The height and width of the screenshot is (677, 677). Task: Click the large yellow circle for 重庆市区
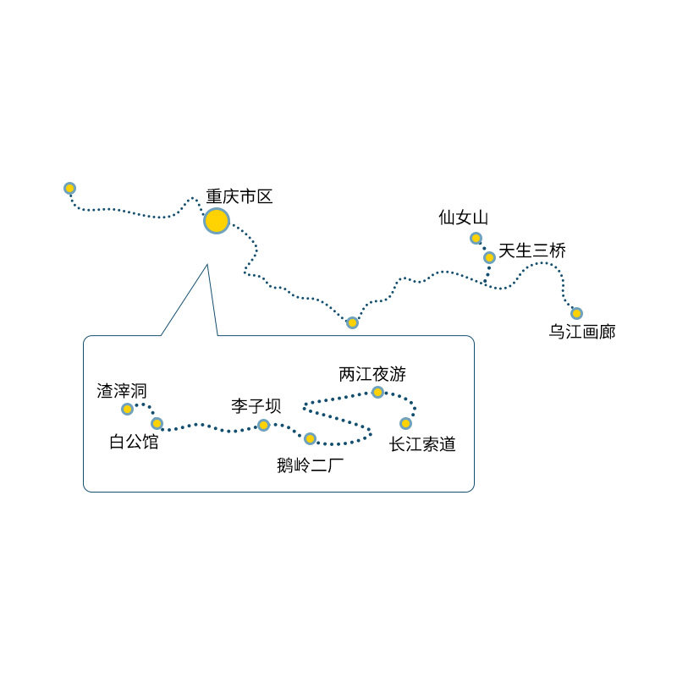click(x=217, y=221)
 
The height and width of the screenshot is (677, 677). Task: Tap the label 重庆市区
click(x=240, y=196)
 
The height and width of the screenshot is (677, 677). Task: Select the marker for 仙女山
click(x=476, y=238)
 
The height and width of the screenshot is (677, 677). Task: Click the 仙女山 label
click(x=464, y=217)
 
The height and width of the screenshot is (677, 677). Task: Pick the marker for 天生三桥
click(x=489, y=257)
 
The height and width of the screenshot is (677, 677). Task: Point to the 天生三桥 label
click(x=532, y=250)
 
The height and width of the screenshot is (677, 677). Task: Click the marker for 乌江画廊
click(x=576, y=313)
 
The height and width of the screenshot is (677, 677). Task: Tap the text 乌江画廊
click(x=582, y=332)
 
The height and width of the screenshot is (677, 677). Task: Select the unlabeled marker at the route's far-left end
click(x=70, y=188)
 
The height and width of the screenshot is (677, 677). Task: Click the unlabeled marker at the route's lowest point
click(x=352, y=322)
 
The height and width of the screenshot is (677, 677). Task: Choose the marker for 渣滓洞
click(x=127, y=409)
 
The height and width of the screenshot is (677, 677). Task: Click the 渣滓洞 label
click(x=123, y=390)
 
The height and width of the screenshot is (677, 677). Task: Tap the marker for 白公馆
click(x=157, y=423)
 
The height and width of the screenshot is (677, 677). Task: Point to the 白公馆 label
click(x=135, y=442)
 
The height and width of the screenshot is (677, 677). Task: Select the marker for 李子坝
click(x=263, y=425)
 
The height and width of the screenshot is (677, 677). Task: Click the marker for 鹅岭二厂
click(x=310, y=438)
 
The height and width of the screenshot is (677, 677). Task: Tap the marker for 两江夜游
click(x=377, y=392)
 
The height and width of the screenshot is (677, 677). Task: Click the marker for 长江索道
click(x=405, y=423)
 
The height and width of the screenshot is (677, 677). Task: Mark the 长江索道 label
click(x=422, y=444)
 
